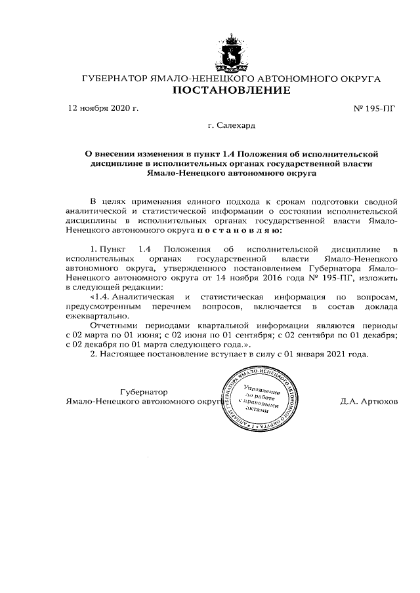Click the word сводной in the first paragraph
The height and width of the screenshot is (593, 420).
[x=379, y=200]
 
